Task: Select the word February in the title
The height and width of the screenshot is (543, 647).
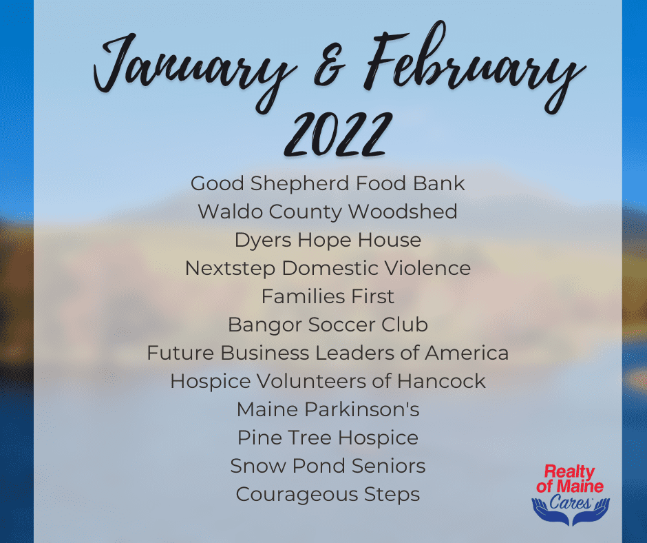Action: click(x=474, y=66)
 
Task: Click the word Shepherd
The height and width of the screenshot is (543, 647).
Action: click(x=299, y=184)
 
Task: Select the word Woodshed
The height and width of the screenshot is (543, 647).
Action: click(x=403, y=212)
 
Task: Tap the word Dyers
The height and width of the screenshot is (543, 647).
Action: click(x=263, y=240)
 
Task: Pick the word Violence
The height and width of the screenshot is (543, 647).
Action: click(x=427, y=268)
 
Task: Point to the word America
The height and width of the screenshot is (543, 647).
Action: click(x=467, y=353)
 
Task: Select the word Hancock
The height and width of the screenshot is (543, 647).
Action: click(x=441, y=381)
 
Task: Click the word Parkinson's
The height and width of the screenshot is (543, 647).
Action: click(x=362, y=409)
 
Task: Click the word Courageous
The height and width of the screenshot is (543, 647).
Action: click(x=297, y=495)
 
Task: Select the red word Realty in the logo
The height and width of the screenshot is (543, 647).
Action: click(x=569, y=472)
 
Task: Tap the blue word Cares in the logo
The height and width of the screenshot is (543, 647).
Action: click(x=570, y=502)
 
